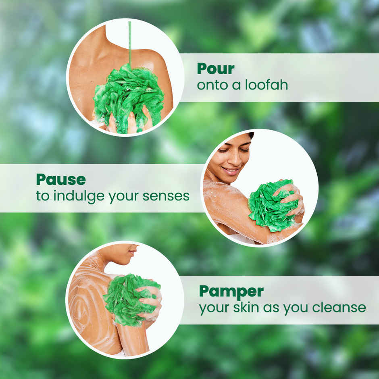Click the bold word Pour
[215, 69]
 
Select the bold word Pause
[61, 179]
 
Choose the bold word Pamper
[231, 291]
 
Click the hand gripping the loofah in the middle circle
[291, 197]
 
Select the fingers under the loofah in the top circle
[131, 123]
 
